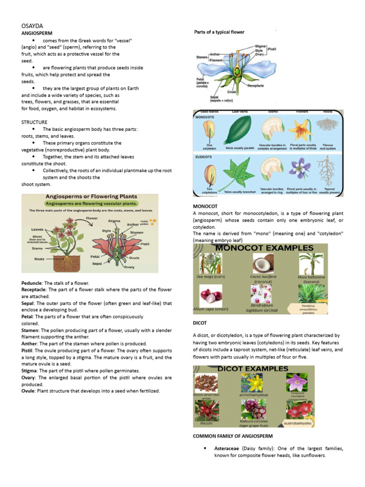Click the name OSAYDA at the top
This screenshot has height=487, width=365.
click(31, 26)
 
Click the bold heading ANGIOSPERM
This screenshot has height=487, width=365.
click(37, 34)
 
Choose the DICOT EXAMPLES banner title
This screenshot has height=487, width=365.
click(259, 369)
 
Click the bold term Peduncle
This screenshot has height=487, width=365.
click(32, 283)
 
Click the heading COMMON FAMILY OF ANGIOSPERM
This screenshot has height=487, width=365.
click(232, 436)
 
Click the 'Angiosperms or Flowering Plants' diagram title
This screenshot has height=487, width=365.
click(91, 196)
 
